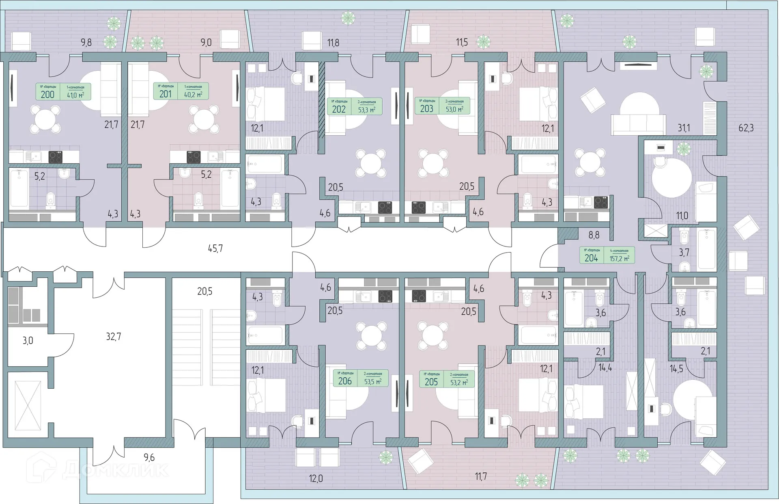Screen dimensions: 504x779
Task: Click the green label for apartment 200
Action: point(63,92)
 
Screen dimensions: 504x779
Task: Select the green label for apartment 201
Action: point(181,91)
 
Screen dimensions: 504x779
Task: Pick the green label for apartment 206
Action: point(360,378)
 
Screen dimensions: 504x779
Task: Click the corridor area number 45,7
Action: point(215,248)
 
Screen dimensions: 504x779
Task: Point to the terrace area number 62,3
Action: point(746,128)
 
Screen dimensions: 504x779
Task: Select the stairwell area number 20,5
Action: point(204,291)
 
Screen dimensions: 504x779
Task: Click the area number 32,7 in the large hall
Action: point(113,337)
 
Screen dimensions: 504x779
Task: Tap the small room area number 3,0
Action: point(28,341)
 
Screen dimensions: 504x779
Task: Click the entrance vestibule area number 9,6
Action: point(149,458)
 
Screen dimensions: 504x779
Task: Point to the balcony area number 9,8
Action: point(86,42)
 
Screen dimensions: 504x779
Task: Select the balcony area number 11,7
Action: point(481,476)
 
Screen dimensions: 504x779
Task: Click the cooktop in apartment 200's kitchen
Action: point(55,157)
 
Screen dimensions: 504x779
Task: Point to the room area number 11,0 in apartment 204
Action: point(682,216)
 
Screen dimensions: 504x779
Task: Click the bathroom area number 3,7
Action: point(684,252)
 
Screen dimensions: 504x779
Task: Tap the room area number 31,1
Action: point(684,128)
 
